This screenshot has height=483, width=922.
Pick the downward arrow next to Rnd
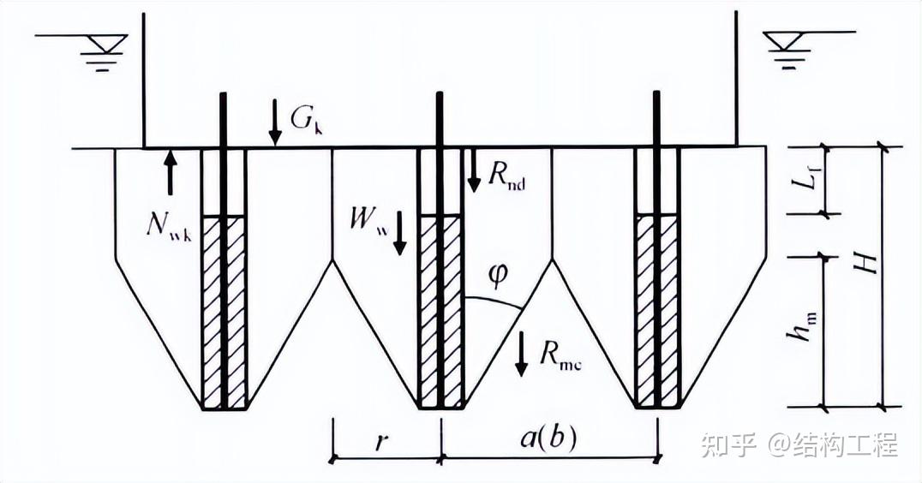(x=472, y=170)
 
